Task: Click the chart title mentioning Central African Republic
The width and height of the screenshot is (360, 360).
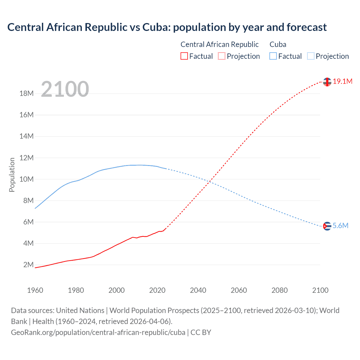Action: [x=167, y=27]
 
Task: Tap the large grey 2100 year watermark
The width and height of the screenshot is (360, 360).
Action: [x=65, y=89]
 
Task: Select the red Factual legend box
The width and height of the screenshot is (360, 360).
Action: [x=184, y=56]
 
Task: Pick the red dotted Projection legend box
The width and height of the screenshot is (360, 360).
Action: [x=222, y=56]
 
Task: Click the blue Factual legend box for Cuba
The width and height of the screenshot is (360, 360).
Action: [x=273, y=56]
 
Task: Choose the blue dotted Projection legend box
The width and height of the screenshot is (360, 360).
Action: [x=310, y=56]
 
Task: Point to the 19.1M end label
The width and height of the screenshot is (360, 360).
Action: [x=343, y=82]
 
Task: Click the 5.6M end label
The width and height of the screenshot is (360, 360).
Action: [x=341, y=226]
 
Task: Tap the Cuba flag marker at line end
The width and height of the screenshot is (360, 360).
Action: [x=327, y=226]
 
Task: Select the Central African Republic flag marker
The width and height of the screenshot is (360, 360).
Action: [x=327, y=82]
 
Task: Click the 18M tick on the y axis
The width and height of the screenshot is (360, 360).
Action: [x=27, y=94]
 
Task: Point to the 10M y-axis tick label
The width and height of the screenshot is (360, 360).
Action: [x=27, y=179]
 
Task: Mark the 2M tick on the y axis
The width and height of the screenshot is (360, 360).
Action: [x=28, y=265]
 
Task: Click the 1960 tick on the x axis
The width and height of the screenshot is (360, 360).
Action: [x=35, y=290]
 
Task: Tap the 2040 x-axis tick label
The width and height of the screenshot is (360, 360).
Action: [x=198, y=290]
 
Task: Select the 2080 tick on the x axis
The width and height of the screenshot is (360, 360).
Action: [x=280, y=290]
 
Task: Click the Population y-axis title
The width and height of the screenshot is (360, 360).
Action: [x=12, y=175]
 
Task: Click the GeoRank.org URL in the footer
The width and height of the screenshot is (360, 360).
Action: [x=98, y=332]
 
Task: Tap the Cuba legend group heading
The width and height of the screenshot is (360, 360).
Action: [x=278, y=44]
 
